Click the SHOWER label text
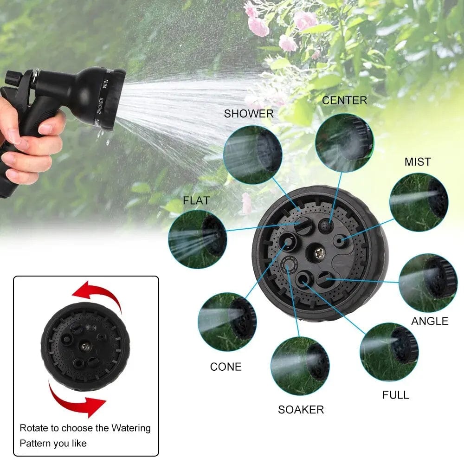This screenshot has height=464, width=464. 249,114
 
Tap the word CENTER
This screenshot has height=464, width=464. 344,100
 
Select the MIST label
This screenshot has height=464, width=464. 418,162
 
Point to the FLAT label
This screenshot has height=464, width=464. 196,201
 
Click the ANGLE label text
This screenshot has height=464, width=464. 430,321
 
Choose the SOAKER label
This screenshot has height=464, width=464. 301,409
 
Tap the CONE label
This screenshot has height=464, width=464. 226,367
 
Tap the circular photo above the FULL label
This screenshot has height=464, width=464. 389,352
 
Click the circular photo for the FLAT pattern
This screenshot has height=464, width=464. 197,239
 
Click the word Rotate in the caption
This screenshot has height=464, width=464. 33,428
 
